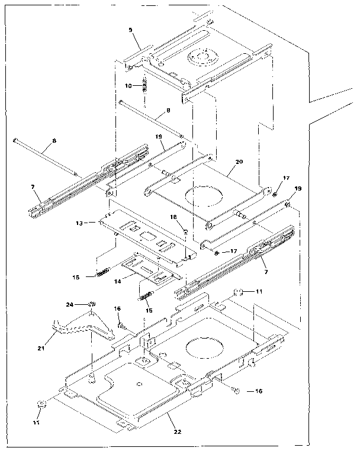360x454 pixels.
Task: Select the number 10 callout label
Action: (128, 86)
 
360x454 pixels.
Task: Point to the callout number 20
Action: (239, 161)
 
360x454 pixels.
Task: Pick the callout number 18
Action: (173, 217)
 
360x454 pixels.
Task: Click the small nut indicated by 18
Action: (185, 230)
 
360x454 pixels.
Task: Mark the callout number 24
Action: (70, 305)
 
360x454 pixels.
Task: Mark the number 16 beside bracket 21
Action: (117, 309)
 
